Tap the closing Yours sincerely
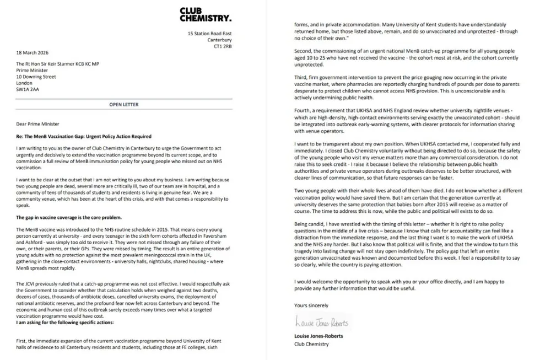tap(312, 305)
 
